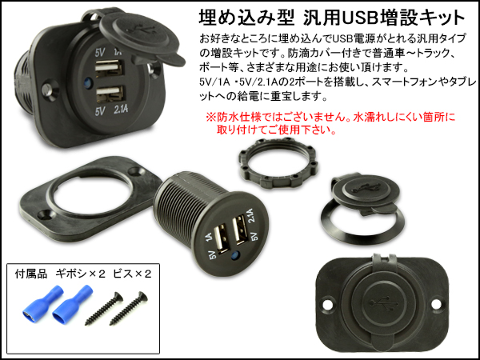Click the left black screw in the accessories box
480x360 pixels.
click(x=104, y=308)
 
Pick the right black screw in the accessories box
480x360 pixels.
click(x=129, y=308)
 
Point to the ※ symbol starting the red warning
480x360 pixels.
click(x=210, y=117)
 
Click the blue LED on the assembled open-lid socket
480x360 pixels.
click(x=87, y=82)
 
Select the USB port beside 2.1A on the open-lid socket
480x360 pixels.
click(x=111, y=94)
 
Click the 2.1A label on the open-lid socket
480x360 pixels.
click(x=121, y=110)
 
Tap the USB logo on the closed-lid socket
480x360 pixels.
click(x=382, y=302)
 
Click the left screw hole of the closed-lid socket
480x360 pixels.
click(x=328, y=304)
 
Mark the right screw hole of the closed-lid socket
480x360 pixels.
click(x=436, y=304)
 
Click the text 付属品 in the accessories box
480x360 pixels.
click(x=31, y=274)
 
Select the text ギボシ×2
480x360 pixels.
click(x=81, y=274)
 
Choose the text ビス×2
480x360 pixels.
click(x=132, y=274)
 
